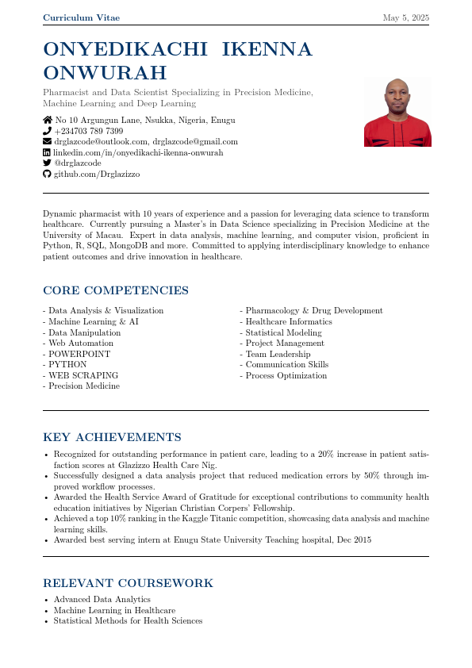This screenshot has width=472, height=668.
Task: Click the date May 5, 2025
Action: [x=405, y=17]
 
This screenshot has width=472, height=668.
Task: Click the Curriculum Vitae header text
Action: [x=82, y=17]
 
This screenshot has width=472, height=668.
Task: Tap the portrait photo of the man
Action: [x=397, y=112]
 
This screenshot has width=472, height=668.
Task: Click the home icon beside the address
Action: [x=47, y=121]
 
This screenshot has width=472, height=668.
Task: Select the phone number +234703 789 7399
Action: [x=89, y=131]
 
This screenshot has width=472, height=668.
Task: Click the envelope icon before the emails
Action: [x=47, y=141]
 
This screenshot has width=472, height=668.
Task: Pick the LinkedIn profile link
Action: [x=138, y=152]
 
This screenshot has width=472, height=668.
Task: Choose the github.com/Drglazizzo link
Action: [x=96, y=174]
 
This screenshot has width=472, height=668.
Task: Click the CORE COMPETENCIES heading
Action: [x=116, y=291]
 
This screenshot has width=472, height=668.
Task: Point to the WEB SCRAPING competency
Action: [x=83, y=375]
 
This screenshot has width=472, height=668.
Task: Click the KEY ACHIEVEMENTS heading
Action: [x=112, y=438]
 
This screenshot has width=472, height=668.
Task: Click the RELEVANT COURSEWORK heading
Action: [x=128, y=584]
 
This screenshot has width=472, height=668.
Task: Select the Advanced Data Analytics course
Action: [x=102, y=600]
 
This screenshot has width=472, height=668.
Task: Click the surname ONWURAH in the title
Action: [x=105, y=73]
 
